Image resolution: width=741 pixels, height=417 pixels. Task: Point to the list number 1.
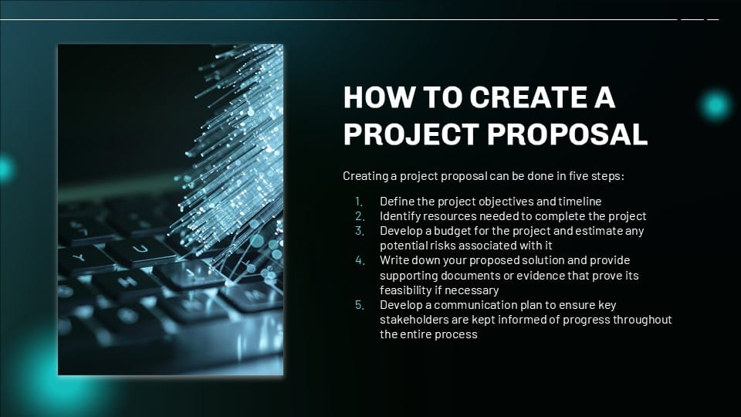[359, 202]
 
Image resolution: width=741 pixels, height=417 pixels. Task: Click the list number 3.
[359, 231]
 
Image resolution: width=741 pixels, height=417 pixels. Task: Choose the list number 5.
[359, 305]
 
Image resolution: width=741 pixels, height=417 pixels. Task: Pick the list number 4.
[359, 260]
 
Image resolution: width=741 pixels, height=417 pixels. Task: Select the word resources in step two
[446, 216]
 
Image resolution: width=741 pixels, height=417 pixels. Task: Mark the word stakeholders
[414, 320]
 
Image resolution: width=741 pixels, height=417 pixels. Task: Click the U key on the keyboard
[140, 249]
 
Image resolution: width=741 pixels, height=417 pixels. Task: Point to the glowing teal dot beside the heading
[716, 105]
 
